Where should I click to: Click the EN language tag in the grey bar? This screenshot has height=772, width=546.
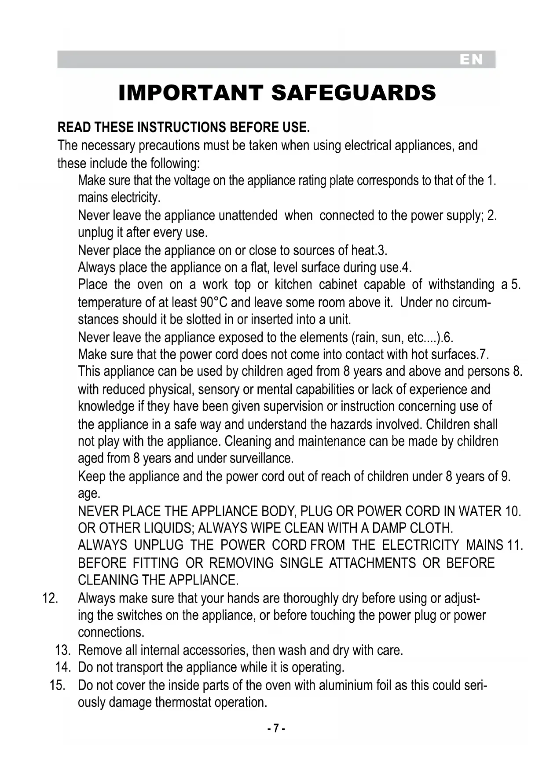(471, 60)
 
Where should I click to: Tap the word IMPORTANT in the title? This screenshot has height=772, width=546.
(191, 93)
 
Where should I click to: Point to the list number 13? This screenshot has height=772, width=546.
(63, 650)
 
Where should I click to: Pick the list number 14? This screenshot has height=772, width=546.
(63, 667)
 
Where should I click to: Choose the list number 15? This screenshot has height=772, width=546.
(58, 685)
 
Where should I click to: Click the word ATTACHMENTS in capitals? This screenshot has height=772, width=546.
(372, 563)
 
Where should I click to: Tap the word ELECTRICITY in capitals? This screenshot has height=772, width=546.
(420, 545)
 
